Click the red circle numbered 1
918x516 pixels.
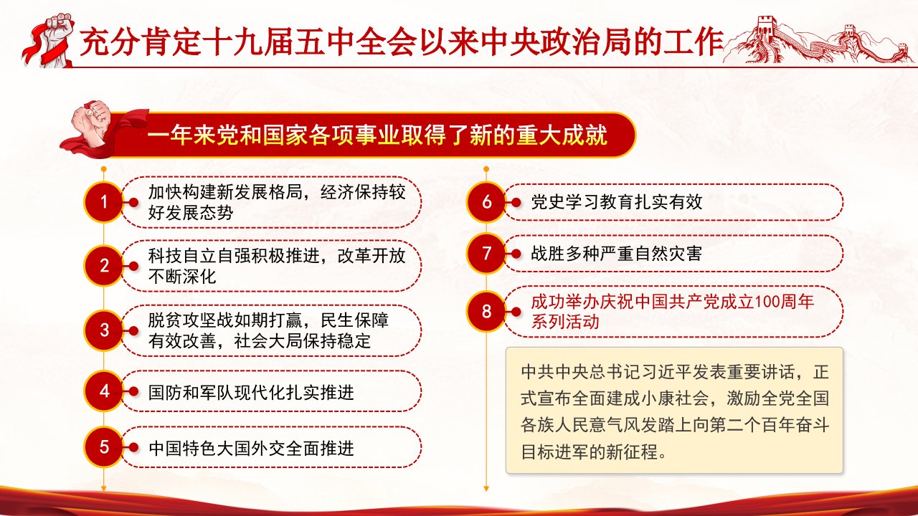click(x=104, y=202)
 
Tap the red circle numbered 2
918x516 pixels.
click(x=104, y=266)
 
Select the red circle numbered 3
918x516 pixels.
click(x=104, y=330)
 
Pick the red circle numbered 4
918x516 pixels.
click(x=104, y=391)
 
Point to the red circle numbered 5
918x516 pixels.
click(x=104, y=447)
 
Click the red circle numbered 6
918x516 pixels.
click(x=486, y=202)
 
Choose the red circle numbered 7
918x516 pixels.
click(x=486, y=254)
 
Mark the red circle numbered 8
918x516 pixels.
click(x=486, y=312)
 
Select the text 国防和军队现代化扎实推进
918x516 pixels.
click(x=251, y=392)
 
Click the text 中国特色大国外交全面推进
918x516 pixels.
click(x=251, y=449)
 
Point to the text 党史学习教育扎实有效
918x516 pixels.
click(x=616, y=202)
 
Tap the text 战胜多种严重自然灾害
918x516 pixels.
click(x=616, y=254)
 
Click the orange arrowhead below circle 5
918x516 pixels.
click(x=104, y=488)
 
